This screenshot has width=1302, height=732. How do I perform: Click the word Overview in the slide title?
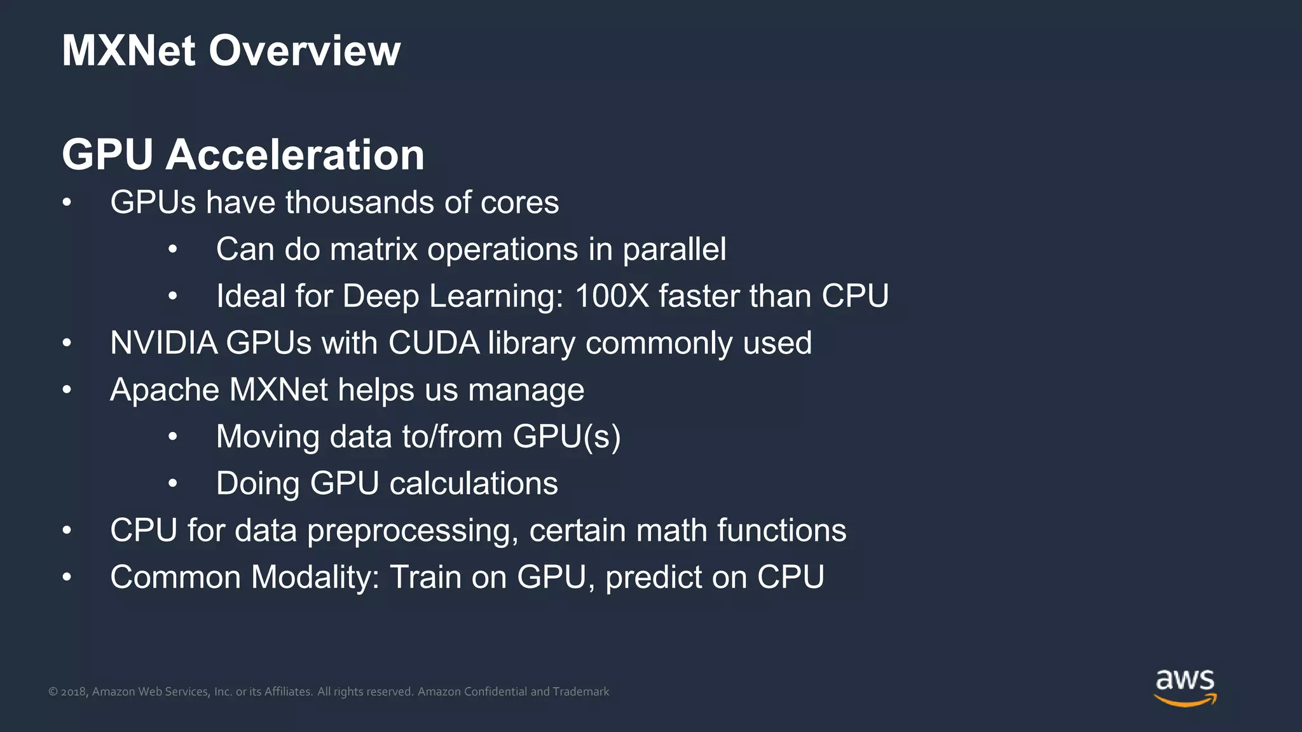305,51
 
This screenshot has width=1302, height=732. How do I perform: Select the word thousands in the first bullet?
360,203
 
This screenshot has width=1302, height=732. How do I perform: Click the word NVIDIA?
164,343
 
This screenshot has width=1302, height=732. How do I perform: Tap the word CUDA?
434,343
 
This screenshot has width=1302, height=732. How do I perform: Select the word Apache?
165,390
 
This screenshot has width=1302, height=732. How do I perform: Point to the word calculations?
474,484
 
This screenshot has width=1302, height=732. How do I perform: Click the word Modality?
315,578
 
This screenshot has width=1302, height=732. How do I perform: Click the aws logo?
1184,687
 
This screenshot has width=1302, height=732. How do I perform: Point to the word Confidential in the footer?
495,692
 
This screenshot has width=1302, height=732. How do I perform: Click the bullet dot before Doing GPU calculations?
173,484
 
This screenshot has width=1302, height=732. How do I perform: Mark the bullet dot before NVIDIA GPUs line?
67,344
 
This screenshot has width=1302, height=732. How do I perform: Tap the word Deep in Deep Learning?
380,296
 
